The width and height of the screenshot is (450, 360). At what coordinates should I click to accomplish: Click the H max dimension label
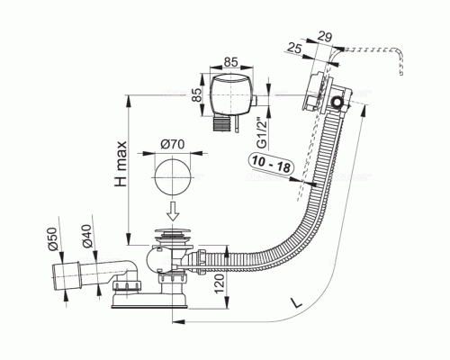click(121, 164)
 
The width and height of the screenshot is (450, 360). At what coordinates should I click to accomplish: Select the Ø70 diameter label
click(173, 145)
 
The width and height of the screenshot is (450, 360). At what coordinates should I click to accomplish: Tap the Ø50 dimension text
click(52, 238)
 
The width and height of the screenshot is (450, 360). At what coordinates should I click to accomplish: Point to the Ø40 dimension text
click(86, 236)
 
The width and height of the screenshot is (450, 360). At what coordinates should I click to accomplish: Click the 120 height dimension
click(220, 283)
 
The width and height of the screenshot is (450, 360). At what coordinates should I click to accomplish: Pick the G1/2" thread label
click(262, 132)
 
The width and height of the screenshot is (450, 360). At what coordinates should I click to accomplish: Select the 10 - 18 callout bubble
click(271, 165)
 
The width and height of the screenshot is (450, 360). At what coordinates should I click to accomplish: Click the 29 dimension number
click(324, 37)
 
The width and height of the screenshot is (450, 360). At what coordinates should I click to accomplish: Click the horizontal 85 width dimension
click(231, 62)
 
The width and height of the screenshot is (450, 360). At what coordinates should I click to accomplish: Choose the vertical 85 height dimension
click(197, 94)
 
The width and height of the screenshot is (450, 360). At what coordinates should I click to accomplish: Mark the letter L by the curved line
click(296, 302)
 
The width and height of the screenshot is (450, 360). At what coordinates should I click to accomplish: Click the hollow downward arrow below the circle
click(173, 211)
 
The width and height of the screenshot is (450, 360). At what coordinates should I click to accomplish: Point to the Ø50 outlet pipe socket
click(67, 276)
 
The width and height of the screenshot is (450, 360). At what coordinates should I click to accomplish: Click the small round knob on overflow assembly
click(337, 103)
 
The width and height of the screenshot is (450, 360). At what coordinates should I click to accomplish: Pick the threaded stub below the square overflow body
click(221, 124)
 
